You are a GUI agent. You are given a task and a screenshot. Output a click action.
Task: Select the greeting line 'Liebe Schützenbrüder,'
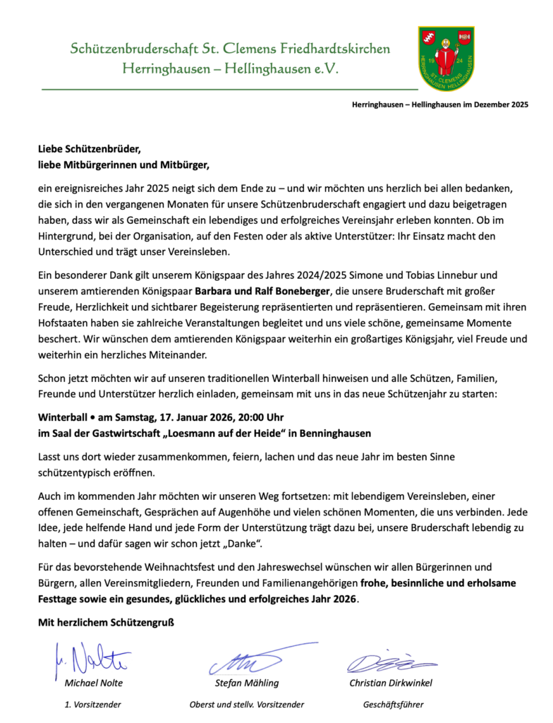(90, 149)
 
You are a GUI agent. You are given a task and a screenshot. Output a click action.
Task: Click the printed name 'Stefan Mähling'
(247, 683)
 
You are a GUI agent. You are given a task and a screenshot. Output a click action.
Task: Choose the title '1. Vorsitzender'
(92, 704)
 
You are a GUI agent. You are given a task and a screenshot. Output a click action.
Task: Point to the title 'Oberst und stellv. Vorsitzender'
(247, 704)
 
